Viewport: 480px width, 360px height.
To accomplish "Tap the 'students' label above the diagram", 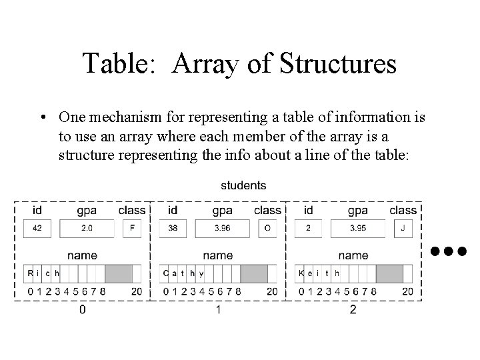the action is pos(243,185).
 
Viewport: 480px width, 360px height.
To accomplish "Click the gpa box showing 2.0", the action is pos(87,228).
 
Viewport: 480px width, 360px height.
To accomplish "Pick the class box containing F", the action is pos(133,228).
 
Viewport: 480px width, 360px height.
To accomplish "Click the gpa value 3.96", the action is pos(222,228).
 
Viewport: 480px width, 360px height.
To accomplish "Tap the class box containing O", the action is pos(267,228).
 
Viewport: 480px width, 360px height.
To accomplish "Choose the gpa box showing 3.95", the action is pos(358,228).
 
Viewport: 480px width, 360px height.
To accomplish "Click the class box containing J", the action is pos(403,228).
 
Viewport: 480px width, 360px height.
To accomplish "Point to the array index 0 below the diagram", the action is pos(82,310).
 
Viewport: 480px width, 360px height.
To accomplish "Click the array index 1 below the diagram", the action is pos(218,310).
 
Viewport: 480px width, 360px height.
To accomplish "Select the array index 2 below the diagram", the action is pos(353,310).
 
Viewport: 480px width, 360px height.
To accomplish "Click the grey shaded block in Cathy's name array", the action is pos(253,273).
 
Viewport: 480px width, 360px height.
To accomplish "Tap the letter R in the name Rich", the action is pos(30,273).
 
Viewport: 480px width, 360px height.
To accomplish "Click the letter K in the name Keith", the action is pos(301,273).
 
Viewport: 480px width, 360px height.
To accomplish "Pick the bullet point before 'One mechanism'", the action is pos(42,118).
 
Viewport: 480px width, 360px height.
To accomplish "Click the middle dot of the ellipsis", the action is pos(447,251).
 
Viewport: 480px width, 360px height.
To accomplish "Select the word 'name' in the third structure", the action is pos(353,255).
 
